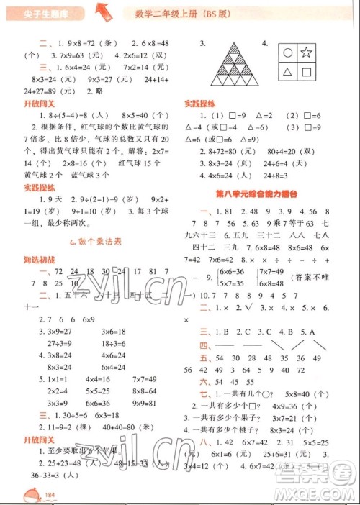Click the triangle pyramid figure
233,65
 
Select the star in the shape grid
305,51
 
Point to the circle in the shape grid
287,52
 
